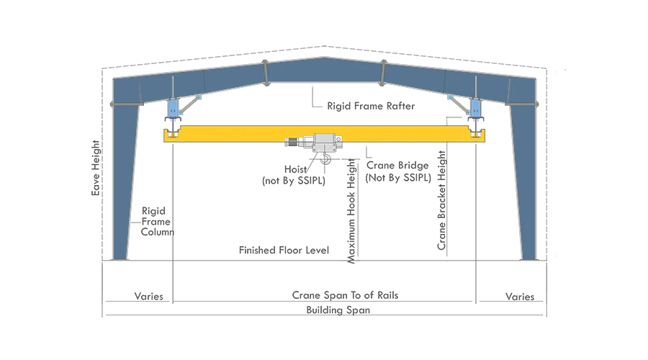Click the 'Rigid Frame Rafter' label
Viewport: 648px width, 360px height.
pos(371,107)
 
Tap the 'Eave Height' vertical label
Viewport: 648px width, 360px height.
pos(96,168)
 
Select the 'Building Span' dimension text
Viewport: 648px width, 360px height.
pos(338,310)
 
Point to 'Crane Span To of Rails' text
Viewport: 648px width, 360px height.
pos(345,295)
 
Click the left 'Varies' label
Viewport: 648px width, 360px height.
pos(149,297)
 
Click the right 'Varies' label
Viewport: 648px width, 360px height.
pos(520,297)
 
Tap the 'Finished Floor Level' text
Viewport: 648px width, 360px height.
pos(284,250)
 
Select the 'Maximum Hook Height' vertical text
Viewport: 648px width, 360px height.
pos(351,211)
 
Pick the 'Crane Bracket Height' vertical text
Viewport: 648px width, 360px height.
pos(442,200)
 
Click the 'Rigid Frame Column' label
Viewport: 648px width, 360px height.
pos(157,222)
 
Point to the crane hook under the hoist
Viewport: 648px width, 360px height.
pos(325,158)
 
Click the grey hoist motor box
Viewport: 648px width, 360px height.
pos(325,143)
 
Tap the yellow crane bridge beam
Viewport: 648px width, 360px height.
pos(325,134)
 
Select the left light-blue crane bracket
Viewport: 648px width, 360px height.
pos(173,107)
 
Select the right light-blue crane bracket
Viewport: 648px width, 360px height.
pos(476,107)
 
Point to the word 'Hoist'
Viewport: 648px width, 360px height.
pos(295,169)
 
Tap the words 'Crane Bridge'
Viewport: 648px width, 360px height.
pos(397,166)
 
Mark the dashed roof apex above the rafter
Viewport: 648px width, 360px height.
pos(325,46)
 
